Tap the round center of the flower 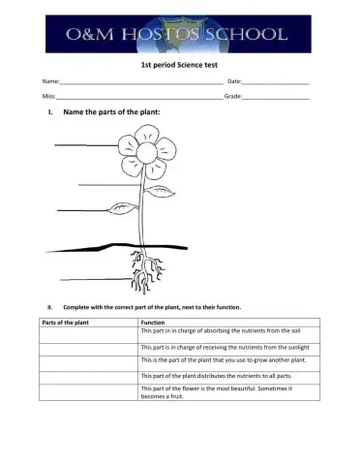coord(145,154)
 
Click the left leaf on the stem coord(122,207)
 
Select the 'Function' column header coord(153,321)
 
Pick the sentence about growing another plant coord(219,359)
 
